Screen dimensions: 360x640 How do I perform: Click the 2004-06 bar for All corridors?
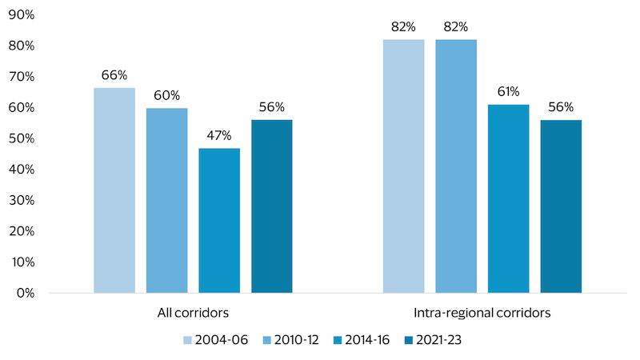pos(114,190)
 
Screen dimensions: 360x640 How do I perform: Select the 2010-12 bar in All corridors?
pos(166,200)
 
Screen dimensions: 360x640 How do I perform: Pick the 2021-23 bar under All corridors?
pos(272,206)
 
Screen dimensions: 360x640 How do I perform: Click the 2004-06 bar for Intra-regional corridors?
pos(403,166)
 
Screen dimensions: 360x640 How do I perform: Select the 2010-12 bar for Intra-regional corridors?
pos(456,166)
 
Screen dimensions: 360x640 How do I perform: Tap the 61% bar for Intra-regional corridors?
pos(509,198)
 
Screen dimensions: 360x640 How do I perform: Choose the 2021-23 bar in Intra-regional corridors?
pos(561,206)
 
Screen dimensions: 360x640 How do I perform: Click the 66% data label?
pos(114,75)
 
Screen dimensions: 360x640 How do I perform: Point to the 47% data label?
pos(219,134)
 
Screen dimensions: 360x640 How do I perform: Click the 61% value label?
pos(509,91)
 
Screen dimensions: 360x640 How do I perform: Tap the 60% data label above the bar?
pos(166,94)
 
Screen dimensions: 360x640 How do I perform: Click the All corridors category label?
pos(193,313)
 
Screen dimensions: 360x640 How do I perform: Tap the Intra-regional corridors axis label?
pos(482,313)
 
